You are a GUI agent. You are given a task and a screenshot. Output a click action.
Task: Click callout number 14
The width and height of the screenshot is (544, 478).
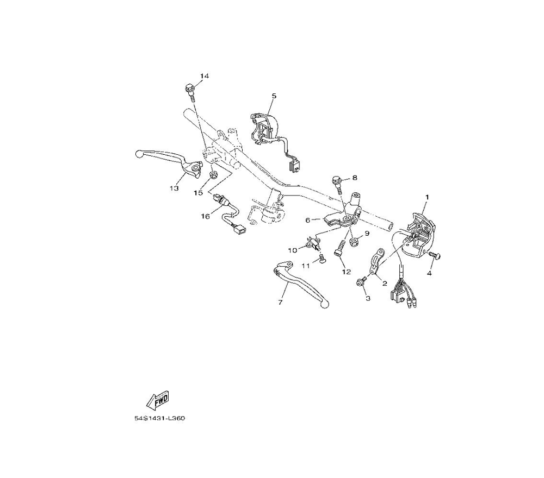click(x=205, y=76)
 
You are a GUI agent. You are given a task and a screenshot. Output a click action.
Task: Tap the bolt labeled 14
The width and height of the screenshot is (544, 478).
click(x=190, y=92)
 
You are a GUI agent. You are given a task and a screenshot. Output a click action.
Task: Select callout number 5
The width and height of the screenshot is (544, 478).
click(x=274, y=96)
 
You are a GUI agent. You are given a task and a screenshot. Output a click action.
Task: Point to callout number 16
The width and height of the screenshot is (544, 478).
click(x=205, y=216)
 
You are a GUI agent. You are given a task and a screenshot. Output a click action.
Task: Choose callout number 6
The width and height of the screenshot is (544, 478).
click(x=307, y=220)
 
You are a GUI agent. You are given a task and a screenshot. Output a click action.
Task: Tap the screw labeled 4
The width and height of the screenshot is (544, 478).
click(x=434, y=255)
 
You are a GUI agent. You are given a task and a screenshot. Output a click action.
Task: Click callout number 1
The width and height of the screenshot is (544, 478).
click(x=427, y=197)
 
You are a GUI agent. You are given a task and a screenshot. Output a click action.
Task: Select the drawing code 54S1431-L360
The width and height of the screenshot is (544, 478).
click(x=159, y=418)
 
